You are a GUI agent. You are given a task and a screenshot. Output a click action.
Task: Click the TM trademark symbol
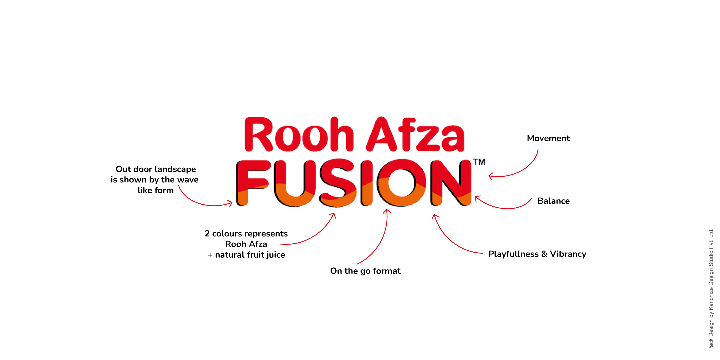coord(479,162)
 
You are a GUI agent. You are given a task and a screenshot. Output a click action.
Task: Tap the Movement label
coord(548,138)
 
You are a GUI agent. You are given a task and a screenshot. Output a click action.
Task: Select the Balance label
coord(553,201)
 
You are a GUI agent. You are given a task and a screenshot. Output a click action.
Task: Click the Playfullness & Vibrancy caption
coord(537,254)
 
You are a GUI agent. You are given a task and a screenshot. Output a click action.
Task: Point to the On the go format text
coord(365,271)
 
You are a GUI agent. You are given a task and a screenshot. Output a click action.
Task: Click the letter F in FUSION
coord(252,183)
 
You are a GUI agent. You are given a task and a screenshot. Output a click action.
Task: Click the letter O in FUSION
coord(401,183)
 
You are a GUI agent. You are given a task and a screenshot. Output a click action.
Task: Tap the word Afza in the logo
coord(415,135)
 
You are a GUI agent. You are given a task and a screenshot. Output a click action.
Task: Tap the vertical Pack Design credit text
coord(711,289)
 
